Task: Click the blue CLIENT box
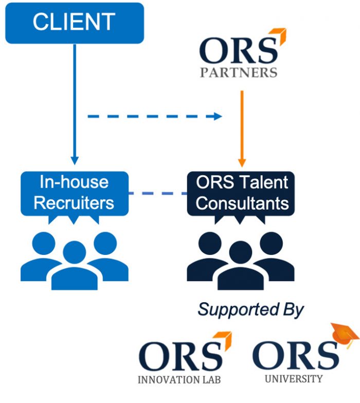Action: click(x=74, y=23)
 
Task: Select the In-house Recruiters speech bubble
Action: click(x=74, y=193)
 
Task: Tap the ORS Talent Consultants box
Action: click(x=242, y=193)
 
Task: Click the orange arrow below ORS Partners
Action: click(x=242, y=129)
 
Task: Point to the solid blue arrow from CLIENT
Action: click(x=75, y=103)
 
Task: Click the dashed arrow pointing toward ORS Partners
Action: click(x=154, y=117)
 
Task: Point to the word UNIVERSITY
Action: click(x=294, y=379)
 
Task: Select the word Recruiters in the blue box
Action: click(x=74, y=203)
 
